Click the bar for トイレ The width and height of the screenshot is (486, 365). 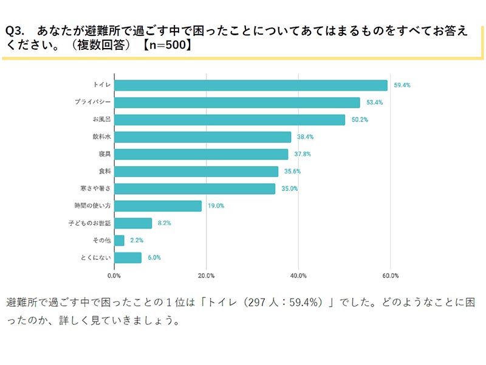(x=250, y=85)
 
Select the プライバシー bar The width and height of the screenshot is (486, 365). (x=237, y=102)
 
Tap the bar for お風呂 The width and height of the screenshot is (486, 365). (x=230, y=120)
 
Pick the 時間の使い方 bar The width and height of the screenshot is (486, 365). (x=158, y=206)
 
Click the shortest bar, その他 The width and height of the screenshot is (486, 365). (x=119, y=240)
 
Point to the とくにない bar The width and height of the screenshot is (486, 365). (x=128, y=257)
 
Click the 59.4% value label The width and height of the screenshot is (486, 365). (x=402, y=85)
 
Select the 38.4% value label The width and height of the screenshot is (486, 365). (x=306, y=137)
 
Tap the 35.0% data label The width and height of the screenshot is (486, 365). (x=290, y=189)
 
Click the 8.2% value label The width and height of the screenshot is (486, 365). (x=164, y=223)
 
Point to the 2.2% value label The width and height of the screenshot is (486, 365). (x=137, y=240)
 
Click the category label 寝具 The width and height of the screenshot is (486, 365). (x=103, y=154)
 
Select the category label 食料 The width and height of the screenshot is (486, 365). (x=103, y=172)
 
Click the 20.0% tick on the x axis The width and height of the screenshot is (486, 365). (x=207, y=276)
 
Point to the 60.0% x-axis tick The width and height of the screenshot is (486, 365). (x=390, y=276)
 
